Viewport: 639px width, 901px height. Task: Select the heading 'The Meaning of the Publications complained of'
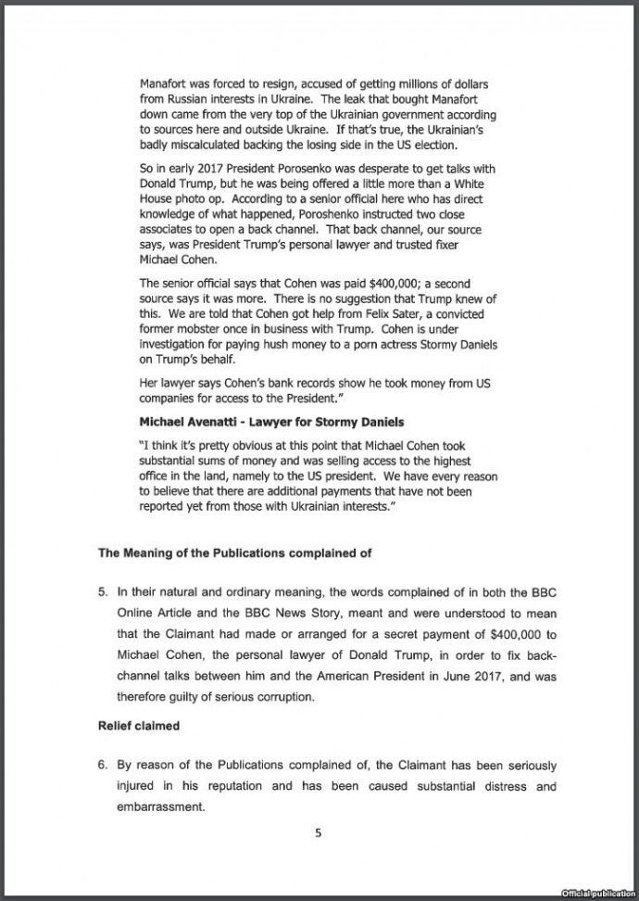(235, 553)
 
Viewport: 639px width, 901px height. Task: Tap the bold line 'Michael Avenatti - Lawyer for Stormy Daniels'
(270, 423)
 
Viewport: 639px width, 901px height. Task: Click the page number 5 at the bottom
(318, 833)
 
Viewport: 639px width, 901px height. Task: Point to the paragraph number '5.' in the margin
(104, 590)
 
